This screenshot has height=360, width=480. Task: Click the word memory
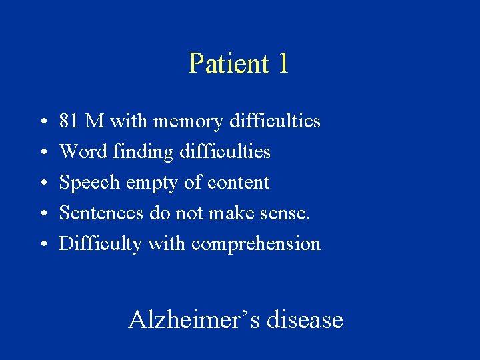click(187, 121)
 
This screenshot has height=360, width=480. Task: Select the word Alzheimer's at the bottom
click(193, 320)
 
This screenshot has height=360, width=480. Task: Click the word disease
click(304, 320)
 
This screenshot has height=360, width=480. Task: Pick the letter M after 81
click(95, 121)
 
